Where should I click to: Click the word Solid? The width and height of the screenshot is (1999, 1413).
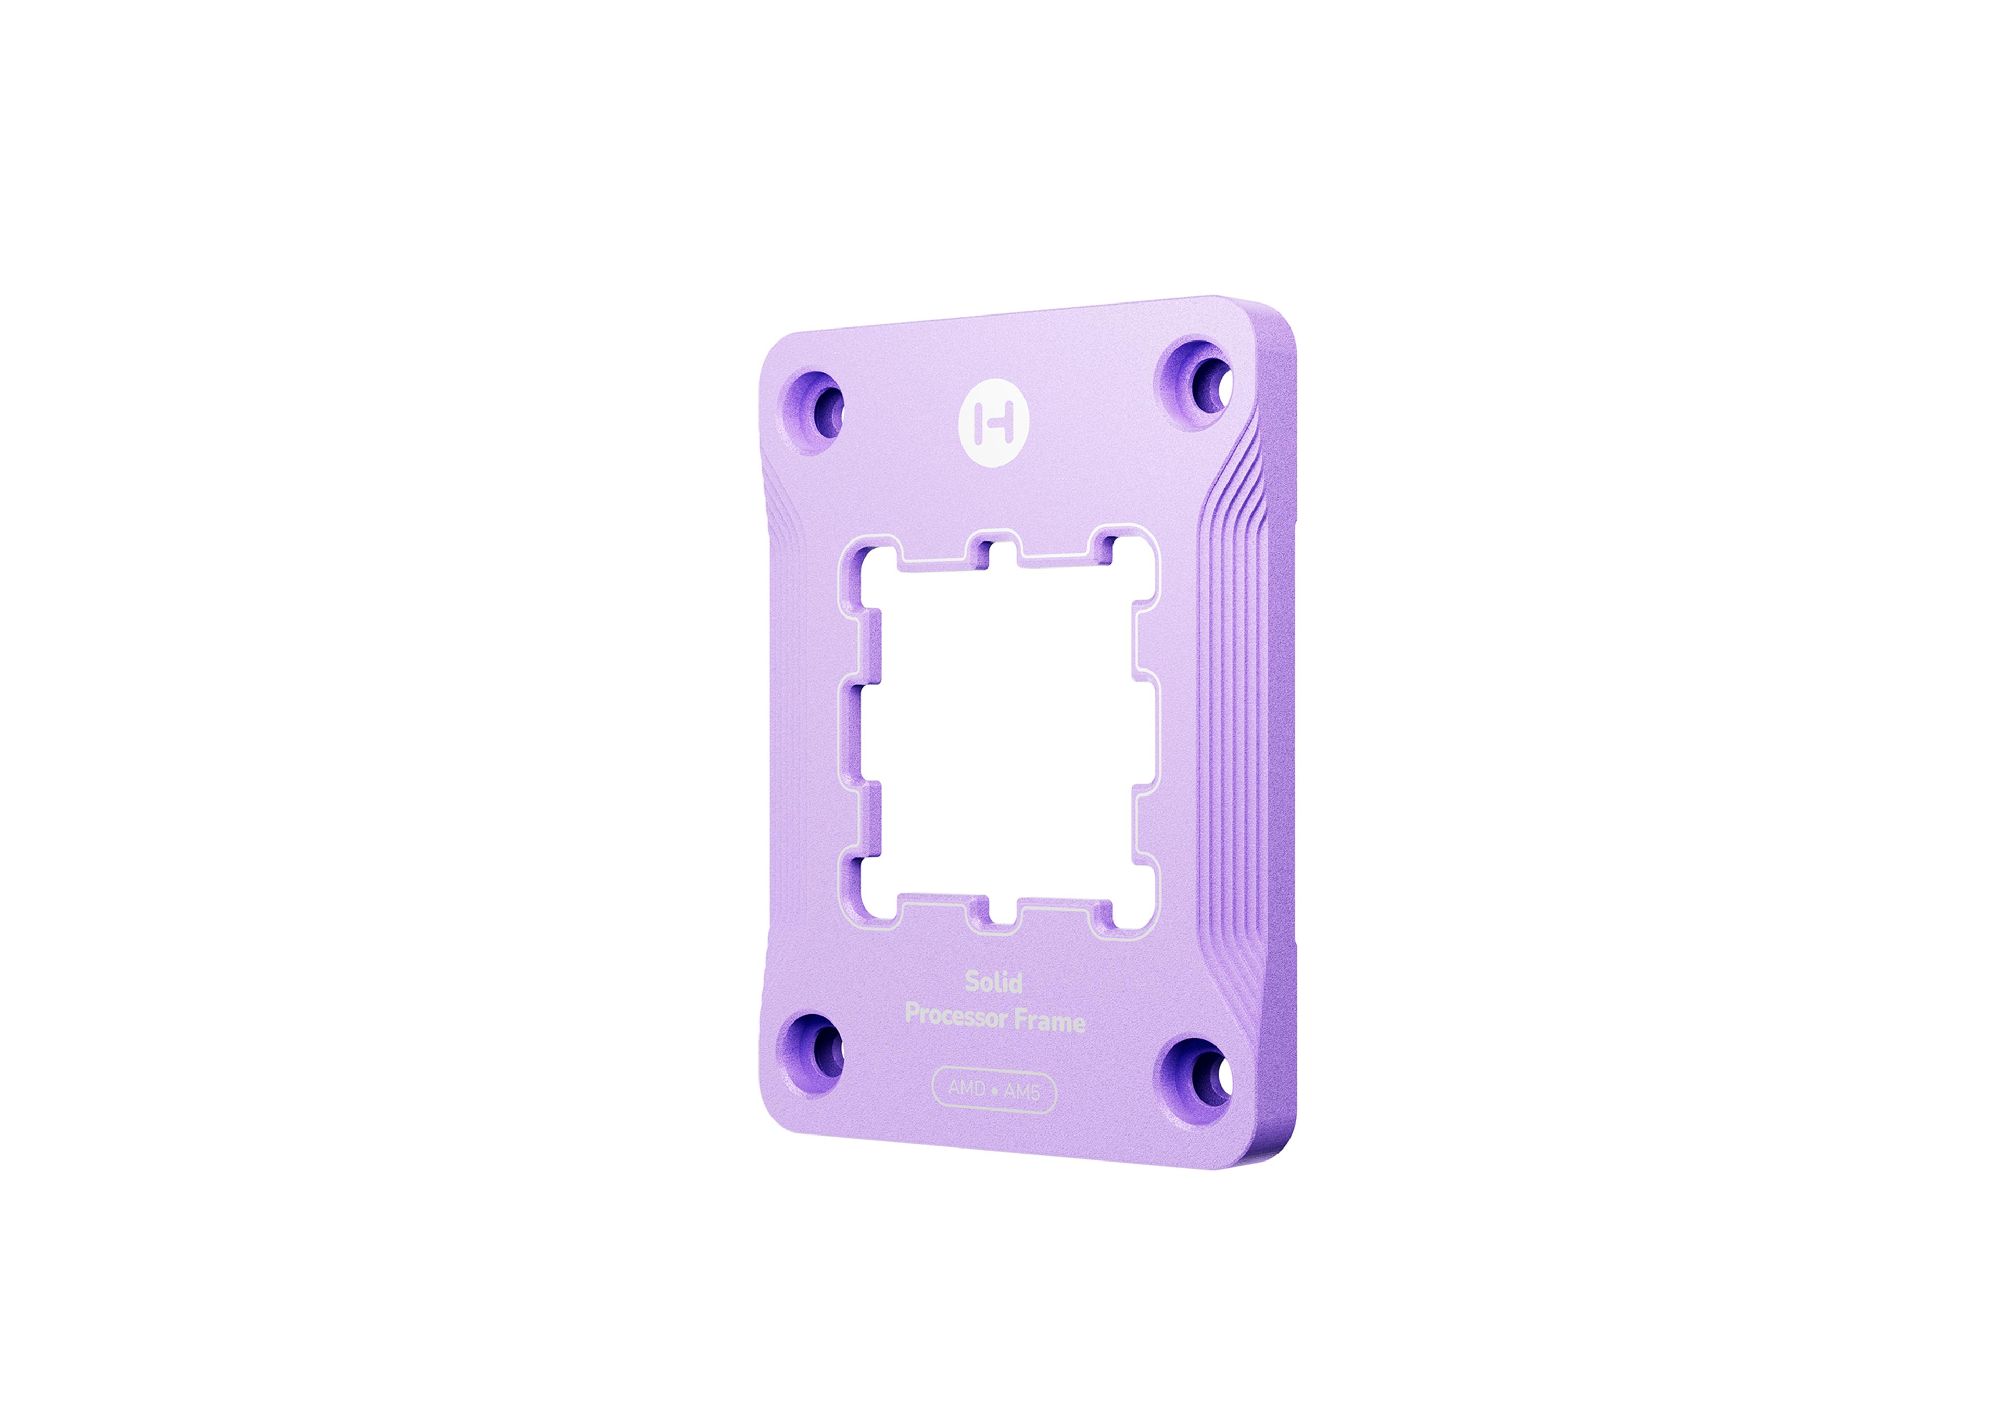pos(993,982)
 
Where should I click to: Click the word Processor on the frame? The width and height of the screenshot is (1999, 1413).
pos(957,1016)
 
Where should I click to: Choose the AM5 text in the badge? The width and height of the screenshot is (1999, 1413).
pos(1021,1092)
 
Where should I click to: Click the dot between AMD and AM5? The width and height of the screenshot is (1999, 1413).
pos(994,1091)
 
